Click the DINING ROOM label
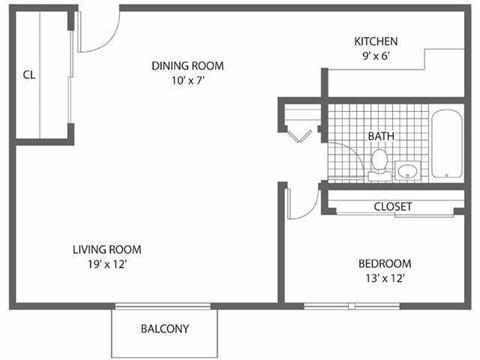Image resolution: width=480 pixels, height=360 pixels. point(188,66)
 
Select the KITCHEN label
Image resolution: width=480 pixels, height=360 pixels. point(376,41)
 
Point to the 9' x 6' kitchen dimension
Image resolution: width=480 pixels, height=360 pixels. point(376,56)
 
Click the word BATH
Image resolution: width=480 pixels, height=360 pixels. point(380,135)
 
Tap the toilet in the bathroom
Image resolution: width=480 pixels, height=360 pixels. point(379,163)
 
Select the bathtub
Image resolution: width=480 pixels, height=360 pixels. point(446,146)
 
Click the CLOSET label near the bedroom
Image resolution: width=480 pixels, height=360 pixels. point(393,207)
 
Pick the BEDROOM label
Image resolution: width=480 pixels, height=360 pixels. point(385,264)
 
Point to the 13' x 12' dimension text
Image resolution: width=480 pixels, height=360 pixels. point(385,279)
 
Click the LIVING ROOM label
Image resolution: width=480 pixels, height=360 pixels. point(106,249)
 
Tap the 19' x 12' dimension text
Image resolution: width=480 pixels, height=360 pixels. point(106,264)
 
